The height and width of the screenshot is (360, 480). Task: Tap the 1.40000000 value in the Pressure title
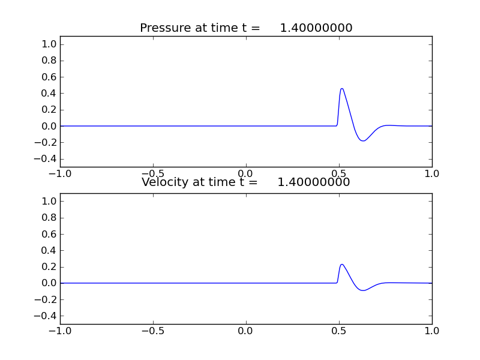[x=316, y=28]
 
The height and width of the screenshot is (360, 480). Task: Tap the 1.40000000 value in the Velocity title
[x=314, y=182]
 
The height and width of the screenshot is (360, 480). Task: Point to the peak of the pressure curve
[x=342, y=89]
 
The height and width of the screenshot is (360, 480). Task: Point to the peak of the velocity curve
[x=342, y=265]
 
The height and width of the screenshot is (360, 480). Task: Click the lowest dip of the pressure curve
[x=363, y=141]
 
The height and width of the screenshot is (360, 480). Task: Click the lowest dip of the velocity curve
[x=363, y=290]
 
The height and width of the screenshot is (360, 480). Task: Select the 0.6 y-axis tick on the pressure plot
[x=50, y=77]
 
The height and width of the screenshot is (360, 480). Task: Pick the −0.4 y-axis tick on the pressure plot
[x=47, y=158]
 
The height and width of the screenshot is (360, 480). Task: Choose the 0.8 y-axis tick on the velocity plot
[x=50, y=218]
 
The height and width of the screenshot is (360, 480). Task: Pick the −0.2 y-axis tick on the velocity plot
[x=47, y=299]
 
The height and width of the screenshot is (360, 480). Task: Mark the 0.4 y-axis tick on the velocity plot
[x=50, y=250]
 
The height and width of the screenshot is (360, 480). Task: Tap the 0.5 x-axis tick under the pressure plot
[x=339, y=173]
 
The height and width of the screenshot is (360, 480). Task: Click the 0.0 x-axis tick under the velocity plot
[x=246, y=330]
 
